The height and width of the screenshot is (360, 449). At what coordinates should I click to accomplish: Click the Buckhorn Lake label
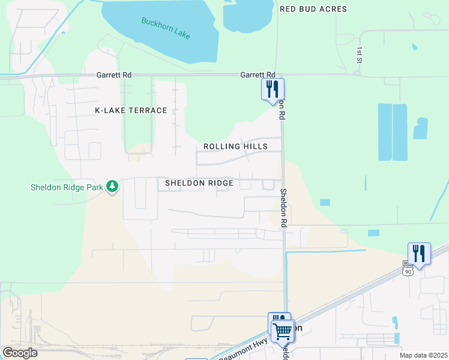(166, 28)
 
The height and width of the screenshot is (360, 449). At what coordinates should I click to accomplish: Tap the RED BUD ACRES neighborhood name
(313, 9)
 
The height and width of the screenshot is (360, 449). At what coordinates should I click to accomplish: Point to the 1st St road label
(359, 55)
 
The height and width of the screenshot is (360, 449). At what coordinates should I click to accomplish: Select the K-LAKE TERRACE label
(131, 110)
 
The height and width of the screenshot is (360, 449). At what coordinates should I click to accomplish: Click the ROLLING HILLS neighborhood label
(235, 146)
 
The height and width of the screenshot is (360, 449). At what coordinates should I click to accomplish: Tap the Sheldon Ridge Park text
(67, 187)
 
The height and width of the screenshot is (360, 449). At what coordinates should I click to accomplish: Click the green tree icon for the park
(112, 187)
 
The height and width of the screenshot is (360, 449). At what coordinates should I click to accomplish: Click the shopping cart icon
(282, 330)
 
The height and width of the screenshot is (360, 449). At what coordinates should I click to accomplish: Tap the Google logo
(20, 353)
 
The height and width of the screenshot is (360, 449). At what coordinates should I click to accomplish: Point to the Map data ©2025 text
(423, 355)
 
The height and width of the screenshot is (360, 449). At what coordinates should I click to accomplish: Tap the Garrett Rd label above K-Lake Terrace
(113, 75)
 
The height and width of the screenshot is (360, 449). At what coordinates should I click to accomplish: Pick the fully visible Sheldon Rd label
(284, 208)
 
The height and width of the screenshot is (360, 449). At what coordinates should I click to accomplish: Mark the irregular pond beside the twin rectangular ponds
(420, 128)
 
